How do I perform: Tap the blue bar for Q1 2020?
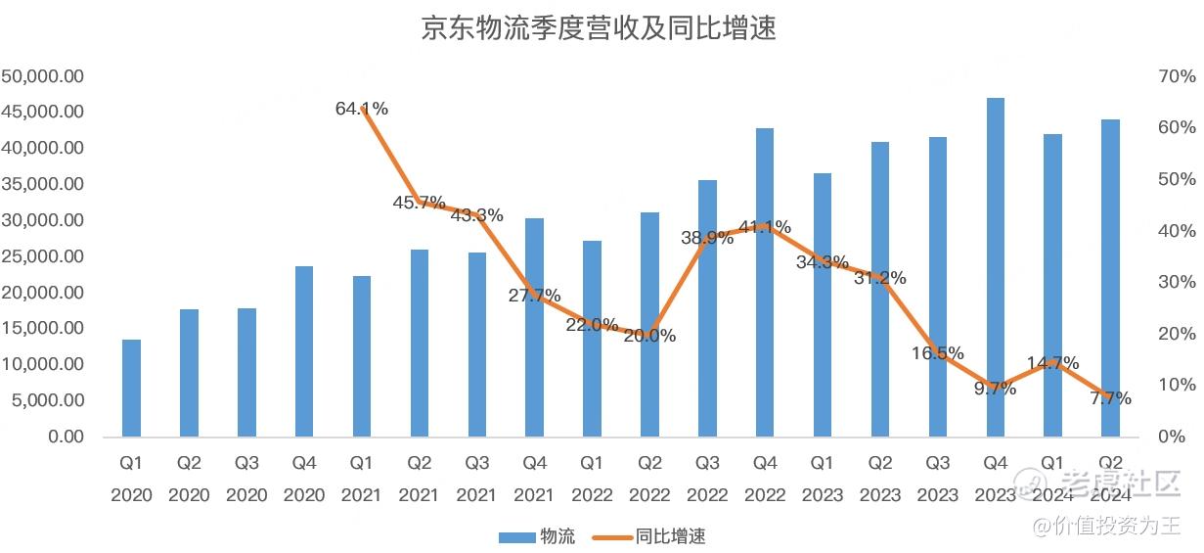tap(131, 388)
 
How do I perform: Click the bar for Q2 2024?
tap(1110, 278)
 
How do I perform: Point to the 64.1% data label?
tap(362, 109)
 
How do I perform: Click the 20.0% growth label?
tap(649, 336)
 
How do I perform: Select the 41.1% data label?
tap(765, 227)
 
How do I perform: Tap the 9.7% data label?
tap(996, 389)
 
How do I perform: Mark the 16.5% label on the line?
tap(938, 353)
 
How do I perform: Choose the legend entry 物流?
tap(537, 536)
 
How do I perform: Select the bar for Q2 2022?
tap(649, 324)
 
